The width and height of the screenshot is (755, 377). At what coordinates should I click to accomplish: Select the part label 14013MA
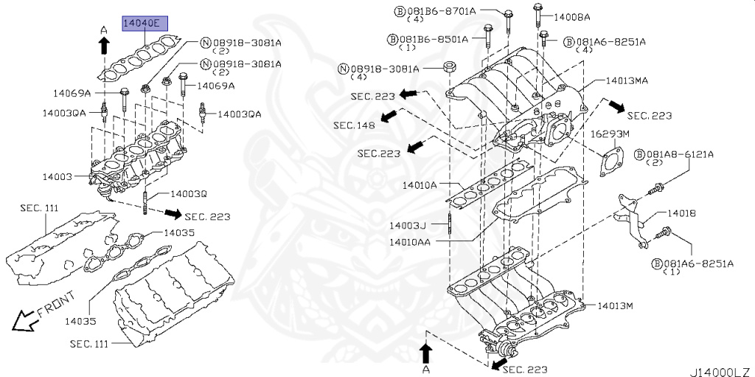tap(627, 80)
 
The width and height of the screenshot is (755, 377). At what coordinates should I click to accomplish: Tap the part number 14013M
tap(616, 305)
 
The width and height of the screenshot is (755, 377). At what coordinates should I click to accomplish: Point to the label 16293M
tap(610, 134)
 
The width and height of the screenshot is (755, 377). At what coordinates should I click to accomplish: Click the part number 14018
tap(682, 213)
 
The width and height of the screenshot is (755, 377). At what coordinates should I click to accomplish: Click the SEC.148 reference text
tap(354, 125)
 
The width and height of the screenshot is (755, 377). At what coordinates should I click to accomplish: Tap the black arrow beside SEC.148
tap(390, 117)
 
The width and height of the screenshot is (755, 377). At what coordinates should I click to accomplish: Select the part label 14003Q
tap(189, 194)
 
